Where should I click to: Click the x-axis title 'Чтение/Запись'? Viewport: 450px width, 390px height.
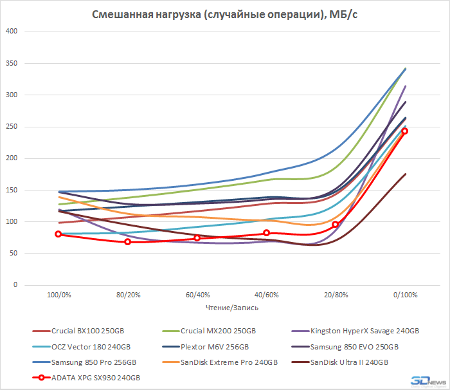click(231, 308)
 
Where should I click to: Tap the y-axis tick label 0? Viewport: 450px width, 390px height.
click(17, 285)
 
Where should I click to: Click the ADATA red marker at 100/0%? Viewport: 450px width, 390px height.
click(59, 234)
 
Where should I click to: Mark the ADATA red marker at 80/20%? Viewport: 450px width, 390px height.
click(127, 242)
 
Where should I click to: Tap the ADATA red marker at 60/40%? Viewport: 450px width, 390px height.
click(197, 238)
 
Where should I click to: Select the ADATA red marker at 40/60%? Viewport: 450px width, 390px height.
click(266, 233)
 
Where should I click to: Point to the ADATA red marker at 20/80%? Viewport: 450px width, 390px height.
click(336, 225)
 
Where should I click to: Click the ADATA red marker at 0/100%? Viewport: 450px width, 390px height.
click(405, 131)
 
